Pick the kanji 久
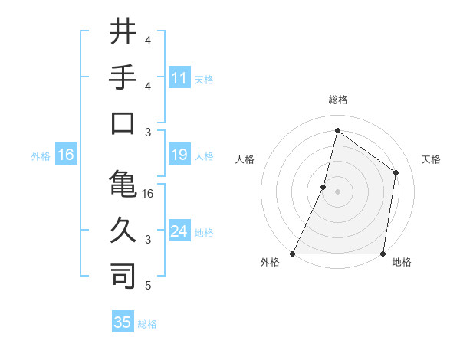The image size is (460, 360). point(123,229)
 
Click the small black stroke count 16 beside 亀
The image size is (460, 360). point(148,194)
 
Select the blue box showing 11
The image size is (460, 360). point(179,77)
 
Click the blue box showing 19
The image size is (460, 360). point(179,155)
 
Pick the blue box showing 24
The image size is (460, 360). point(179,231)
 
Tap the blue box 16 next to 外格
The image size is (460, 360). point(66,155)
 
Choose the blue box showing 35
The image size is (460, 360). point(123,322)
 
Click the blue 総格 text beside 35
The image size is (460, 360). point(147,324)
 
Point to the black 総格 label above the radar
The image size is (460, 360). point(337,100)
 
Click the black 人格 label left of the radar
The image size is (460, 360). point(245,159)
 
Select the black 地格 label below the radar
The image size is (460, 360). point(402,263)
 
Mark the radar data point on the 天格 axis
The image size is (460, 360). point(396,172)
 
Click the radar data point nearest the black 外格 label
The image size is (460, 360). point(293,254)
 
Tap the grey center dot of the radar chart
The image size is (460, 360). point(337,191)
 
